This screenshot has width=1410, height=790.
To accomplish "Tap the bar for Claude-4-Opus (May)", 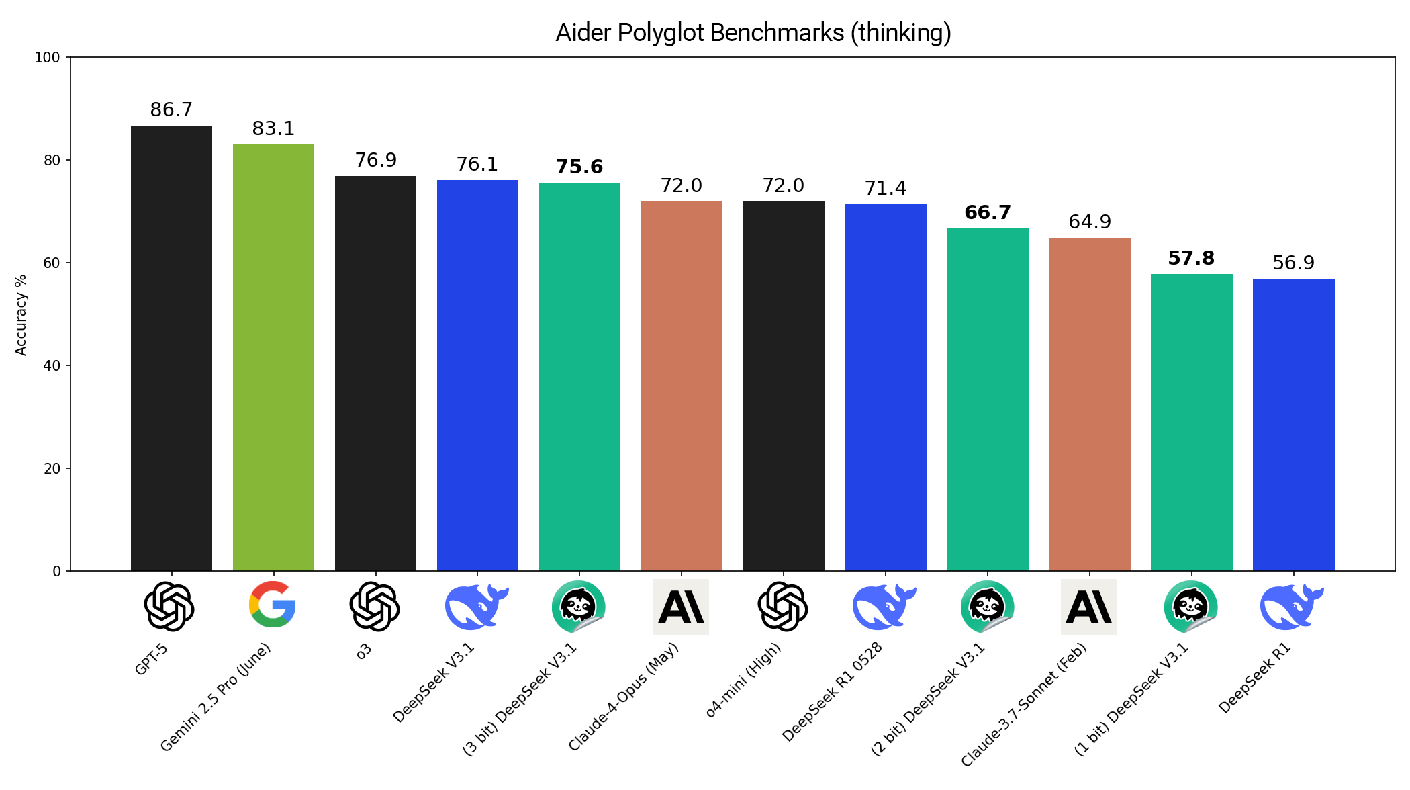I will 681,386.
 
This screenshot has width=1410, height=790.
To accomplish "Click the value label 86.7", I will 171,109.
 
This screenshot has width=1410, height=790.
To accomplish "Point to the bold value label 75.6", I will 579,167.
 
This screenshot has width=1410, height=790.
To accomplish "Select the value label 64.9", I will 1090,222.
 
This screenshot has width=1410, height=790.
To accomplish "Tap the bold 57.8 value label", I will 1191,258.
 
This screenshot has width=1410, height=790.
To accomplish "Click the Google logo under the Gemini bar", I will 273,605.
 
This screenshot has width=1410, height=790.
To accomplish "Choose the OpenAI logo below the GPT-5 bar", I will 169,607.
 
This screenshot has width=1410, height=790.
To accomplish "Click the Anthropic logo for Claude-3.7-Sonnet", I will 1088,607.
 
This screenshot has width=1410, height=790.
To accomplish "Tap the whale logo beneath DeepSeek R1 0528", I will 883,607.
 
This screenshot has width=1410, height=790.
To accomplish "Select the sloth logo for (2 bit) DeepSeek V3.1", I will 987,607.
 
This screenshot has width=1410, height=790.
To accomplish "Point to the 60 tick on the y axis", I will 52,263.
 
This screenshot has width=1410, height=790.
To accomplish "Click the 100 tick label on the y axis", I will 48,58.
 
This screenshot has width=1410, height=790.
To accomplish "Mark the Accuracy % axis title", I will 21,314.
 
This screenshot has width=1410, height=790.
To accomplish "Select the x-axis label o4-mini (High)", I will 744,680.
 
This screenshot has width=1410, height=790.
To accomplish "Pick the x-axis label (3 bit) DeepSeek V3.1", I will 520,699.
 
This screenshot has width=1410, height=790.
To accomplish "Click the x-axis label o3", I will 363,651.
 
